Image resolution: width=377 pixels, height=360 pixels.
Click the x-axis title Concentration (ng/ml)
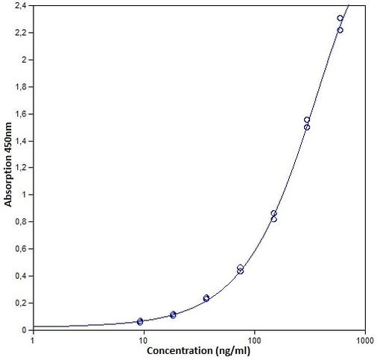tap(199, 350)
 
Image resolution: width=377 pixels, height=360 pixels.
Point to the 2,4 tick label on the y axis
tap(22, 6)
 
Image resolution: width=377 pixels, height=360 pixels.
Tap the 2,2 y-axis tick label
tap(22, 33)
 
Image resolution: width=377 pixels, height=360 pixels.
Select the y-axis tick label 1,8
tap(22, 87)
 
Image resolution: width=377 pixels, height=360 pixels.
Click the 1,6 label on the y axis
tap(22, 114)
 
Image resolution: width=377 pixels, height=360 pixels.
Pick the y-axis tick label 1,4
tap(22, 141)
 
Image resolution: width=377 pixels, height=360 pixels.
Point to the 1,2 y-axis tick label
tap(22, 168)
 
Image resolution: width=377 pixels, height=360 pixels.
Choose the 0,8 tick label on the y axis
tap(22, 222)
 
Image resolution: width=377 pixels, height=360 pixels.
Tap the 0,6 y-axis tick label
tap(22, 249)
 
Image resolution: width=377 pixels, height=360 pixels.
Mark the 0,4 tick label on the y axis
tap(22, 276)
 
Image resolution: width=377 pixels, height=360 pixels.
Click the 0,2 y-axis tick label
tap(22, 303)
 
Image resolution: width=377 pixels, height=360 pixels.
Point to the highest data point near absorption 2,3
tap(340, 18)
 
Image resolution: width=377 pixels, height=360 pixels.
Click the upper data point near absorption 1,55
tap(307, 120)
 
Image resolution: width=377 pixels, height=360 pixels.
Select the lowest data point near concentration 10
tap(140, 322)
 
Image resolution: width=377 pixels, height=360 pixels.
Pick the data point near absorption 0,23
tap(206, 298)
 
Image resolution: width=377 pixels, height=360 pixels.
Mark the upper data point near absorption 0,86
tap(273, 214)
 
